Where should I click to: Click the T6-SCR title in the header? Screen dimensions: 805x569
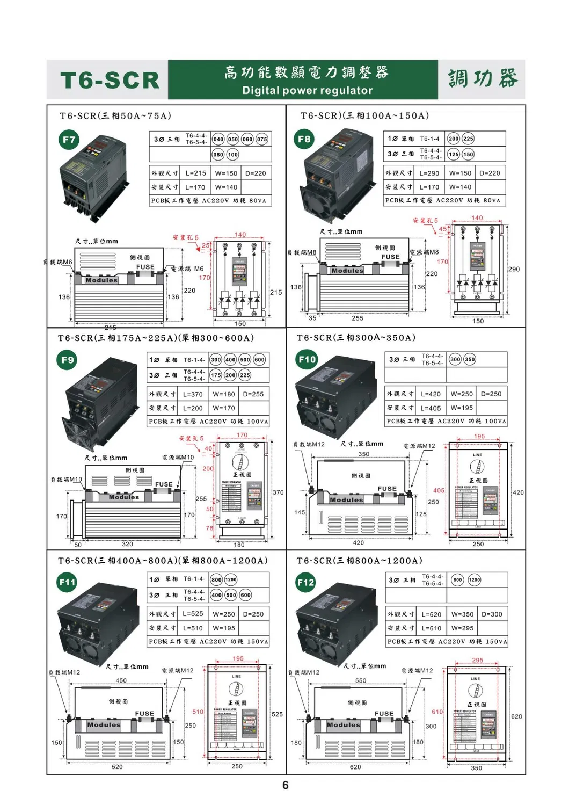(110, 81)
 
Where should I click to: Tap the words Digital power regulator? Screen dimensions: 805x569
(307, 90)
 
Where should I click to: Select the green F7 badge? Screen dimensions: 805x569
(69, 140)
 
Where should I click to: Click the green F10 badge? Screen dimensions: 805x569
(307, 359)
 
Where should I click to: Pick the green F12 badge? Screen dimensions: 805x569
(306, 582)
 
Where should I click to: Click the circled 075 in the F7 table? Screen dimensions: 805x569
(261, 139)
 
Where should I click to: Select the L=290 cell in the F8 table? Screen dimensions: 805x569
(429, 173)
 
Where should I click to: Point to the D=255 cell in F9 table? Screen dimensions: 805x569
(253, 394)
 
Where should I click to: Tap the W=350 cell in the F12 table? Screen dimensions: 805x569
(462, 614)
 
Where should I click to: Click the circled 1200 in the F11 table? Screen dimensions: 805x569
(231, 579)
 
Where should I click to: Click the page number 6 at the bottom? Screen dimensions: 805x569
(285, 785)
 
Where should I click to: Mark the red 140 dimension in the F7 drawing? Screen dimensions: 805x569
(240, 235)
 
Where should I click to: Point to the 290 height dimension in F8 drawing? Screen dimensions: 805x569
(514, 269)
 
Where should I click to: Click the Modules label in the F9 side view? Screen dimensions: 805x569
(123, 497)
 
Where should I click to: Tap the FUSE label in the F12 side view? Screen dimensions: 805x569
(384, 714)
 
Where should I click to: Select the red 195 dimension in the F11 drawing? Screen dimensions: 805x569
(238, 658)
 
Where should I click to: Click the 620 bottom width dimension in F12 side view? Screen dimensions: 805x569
(355, 767)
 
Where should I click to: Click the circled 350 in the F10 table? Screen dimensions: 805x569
(470, 359)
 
